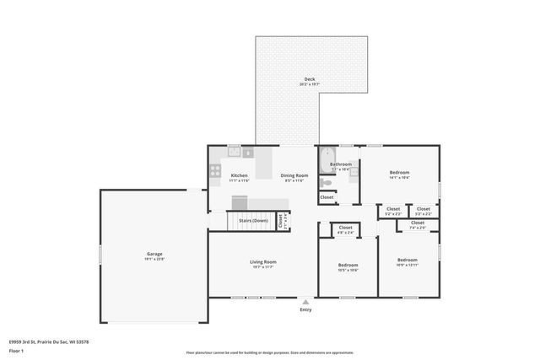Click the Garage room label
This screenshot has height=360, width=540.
[154, 254]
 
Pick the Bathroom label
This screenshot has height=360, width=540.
[341, 164]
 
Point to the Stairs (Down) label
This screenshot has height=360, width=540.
[253, 220]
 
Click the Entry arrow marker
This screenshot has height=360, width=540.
[305, 301]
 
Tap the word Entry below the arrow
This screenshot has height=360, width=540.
[305, 309]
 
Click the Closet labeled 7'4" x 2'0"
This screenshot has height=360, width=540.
[418, 223]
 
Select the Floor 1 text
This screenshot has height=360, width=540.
[16, 350]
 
